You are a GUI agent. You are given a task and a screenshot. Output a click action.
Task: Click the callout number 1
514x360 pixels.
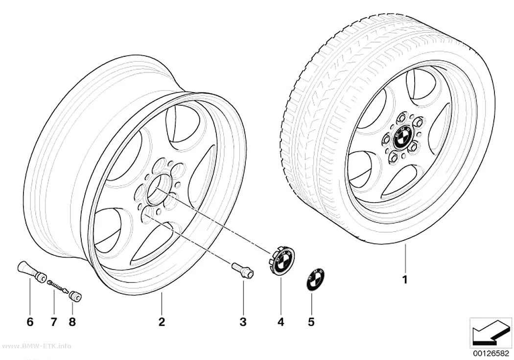click(x=405, y=280)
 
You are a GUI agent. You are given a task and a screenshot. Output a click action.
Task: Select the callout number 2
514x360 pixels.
click(x=162, y=322)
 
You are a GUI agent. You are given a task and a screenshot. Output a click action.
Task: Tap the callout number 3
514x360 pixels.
click(x=243, y=322)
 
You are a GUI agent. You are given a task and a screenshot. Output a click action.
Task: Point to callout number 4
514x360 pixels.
click(x=281, y=322)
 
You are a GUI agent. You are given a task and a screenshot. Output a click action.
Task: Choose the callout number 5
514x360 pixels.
click(x=311, y=322)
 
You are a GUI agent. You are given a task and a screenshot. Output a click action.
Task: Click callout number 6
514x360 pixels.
click(x=30, y=322)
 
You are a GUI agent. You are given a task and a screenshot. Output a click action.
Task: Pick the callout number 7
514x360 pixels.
click(x=53, y=322)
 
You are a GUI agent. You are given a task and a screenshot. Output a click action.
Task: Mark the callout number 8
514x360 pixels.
click(x=72, y=322)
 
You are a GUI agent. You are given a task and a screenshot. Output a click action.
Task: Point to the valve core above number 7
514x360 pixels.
click(x=58, y=286)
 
